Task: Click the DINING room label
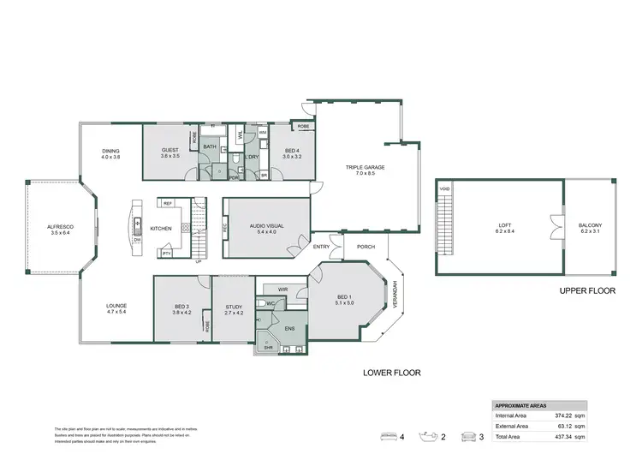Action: click(111, 151)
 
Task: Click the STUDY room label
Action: click(235, 306)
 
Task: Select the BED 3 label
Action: click(181, 306)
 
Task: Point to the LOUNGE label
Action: click(116, 306)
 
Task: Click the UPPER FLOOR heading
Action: click(588, 291)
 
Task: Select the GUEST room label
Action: click(169, 151)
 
